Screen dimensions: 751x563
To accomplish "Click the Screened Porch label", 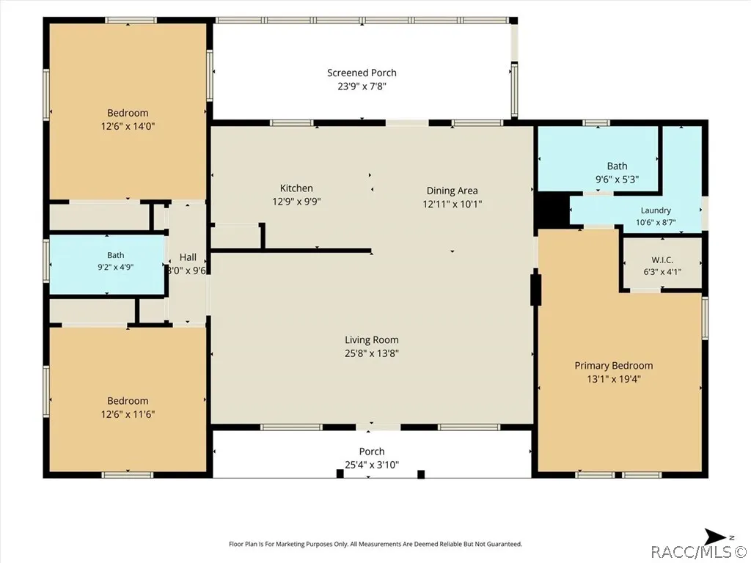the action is point(362,73).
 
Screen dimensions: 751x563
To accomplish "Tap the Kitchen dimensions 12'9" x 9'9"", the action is point(296,202).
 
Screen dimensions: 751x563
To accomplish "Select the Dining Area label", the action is point(452,191).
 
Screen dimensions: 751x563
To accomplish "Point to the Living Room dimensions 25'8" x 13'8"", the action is point(372,353).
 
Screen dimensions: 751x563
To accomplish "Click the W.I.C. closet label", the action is point(662,260).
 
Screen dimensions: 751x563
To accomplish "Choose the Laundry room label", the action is point(656,210).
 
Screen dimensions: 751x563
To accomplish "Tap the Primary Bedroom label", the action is point(614,366).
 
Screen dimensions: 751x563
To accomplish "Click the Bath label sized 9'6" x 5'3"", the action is point(617,166).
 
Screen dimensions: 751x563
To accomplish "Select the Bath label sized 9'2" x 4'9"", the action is point(115,255).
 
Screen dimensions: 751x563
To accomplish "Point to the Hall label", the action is point(188,257).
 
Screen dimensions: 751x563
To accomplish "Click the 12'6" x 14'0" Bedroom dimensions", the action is point(128,126).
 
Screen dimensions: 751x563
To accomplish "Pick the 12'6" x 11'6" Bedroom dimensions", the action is point(128,414).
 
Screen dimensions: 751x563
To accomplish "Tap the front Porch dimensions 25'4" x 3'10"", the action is point(372,464).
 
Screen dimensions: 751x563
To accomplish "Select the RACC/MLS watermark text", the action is point(699,552).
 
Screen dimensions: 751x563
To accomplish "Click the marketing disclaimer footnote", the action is point(375,544).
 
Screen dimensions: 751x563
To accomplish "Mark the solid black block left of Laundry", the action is point(552,209).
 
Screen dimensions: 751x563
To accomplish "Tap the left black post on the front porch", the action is point(340,474).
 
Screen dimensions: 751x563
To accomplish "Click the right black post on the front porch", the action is point(421,474).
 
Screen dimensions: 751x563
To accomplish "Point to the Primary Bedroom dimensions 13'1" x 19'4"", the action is point(614,379).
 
